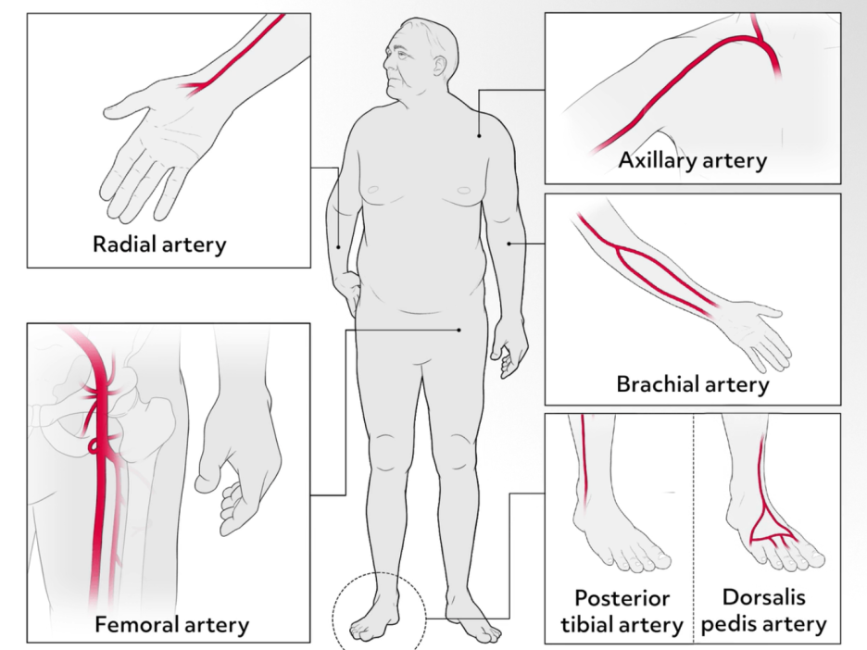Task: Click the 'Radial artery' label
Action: (x=159, y=244)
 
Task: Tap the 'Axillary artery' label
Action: (x=692, y=160)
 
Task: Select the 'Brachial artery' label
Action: (x=692, y=383)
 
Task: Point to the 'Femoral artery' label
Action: (x=171, y=624)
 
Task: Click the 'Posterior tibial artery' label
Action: (x=622, y=611)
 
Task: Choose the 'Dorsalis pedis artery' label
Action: (x=762, y=611)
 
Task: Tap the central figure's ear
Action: (x=433, y=67)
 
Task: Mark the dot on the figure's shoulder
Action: (x=479, y=136)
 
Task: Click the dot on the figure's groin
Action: (x=459, y=329)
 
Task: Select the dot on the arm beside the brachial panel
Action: (x=510, y=243)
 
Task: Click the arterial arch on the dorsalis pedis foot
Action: (x=769, y=531)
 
